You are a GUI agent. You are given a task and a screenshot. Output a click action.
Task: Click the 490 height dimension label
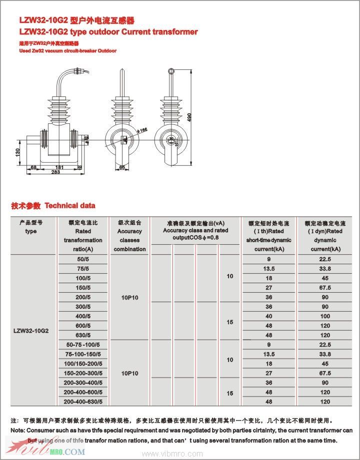point(190,116)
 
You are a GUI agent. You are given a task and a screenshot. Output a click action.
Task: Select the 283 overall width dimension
point(55,172)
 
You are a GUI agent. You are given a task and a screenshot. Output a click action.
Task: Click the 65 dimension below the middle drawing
point(122,168)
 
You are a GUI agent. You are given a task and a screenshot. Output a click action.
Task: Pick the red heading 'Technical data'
point(70,206)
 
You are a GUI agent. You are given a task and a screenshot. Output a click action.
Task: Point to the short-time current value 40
point(269,316)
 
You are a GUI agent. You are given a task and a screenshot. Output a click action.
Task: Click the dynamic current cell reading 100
point(325,316)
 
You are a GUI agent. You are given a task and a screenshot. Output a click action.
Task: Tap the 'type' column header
point(30,231)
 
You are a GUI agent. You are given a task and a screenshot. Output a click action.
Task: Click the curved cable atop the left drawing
point(63,81)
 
